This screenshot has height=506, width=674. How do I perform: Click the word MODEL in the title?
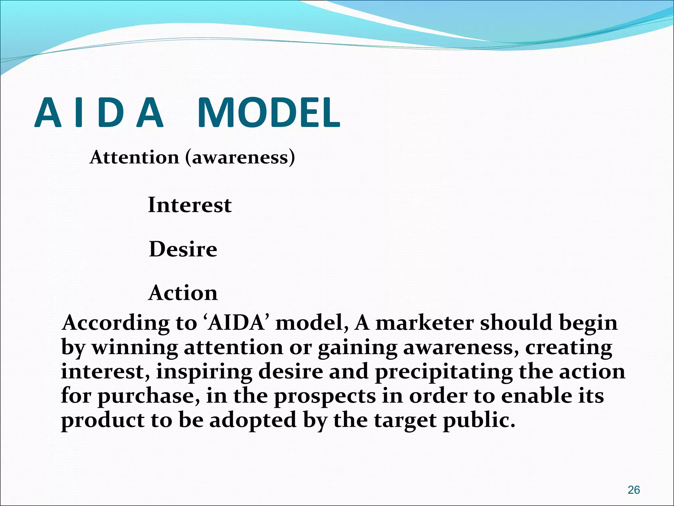269,113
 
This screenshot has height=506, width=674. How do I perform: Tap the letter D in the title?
111,113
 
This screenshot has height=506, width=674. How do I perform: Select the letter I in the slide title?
78,113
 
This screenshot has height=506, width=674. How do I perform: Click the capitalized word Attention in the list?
135,157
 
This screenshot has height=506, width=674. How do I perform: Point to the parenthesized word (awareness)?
240,157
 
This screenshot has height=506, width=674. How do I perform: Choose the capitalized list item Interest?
190,205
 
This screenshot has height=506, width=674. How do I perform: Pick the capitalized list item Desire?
183,249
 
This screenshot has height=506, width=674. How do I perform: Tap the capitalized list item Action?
183,293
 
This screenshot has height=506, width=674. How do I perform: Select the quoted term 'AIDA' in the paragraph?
236,323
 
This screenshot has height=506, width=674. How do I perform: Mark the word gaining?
357,348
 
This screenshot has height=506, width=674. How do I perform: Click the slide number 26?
634,490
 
